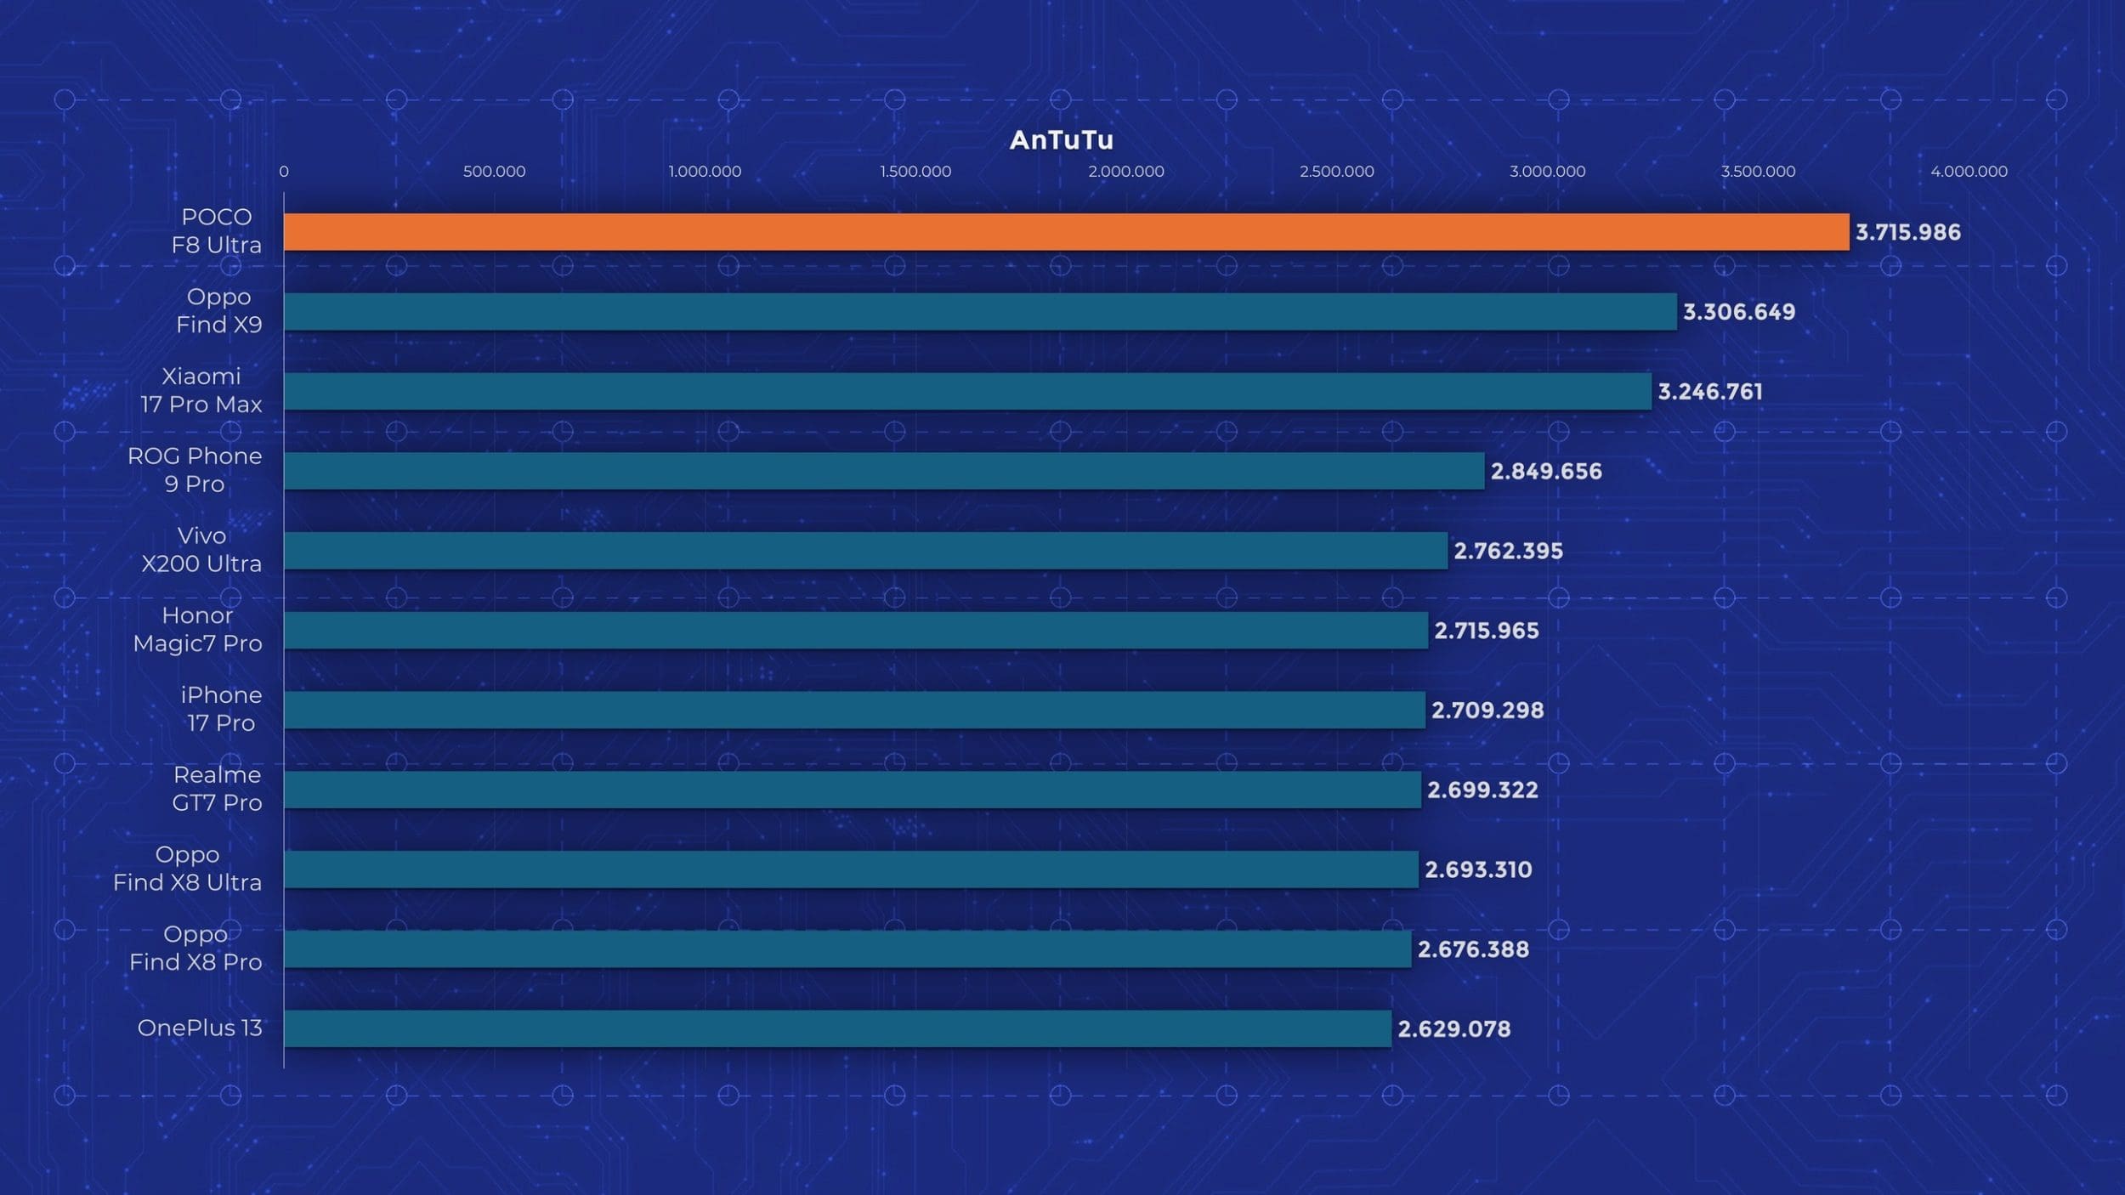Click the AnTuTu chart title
1061,140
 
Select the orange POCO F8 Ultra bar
1066,232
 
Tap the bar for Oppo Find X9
980,312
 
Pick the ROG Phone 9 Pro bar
884,471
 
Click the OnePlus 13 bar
837,1028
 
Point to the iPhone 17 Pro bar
854,710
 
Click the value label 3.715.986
1907,232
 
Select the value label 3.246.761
1710,392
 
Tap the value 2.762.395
1508,551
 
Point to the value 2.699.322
1482,790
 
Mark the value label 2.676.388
1473,949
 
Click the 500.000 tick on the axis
494,172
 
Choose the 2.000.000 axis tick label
1126,172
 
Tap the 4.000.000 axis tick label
1969,172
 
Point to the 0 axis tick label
284,172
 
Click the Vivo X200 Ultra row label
201,550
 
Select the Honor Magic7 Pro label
197,630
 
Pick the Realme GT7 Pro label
217,789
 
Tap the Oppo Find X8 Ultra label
187,869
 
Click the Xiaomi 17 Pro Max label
201,390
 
